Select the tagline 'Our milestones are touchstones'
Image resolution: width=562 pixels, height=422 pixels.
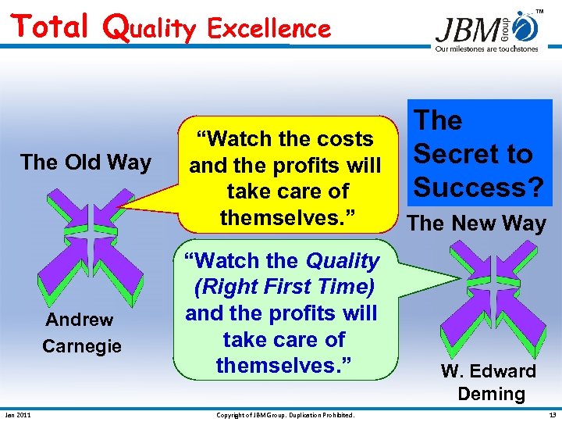coord(486,48)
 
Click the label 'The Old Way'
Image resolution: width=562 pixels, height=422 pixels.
coord(86,163)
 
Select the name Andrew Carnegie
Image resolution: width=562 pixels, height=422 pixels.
coord(82,332)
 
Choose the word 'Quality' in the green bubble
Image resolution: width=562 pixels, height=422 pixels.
coord(343,260)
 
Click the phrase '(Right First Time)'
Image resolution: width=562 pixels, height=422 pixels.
coord(285,287)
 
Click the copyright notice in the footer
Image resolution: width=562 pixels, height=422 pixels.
coord(285,414)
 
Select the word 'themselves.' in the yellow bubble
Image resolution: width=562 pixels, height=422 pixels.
coord(285,216)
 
